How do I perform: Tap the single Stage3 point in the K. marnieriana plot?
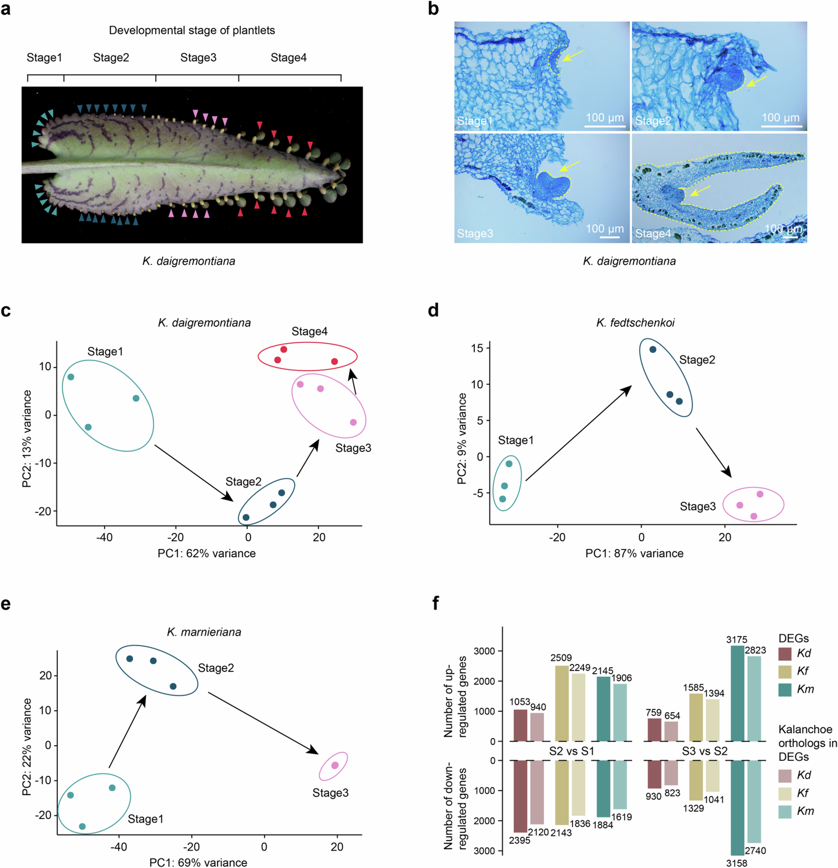(335, 765)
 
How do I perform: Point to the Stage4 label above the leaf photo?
(289, 58)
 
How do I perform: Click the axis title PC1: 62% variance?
(207, 553)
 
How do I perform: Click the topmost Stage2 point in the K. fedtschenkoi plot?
(653, 349)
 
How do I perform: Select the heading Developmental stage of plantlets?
(192, 30)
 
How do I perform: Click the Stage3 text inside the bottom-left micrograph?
(475, 233)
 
